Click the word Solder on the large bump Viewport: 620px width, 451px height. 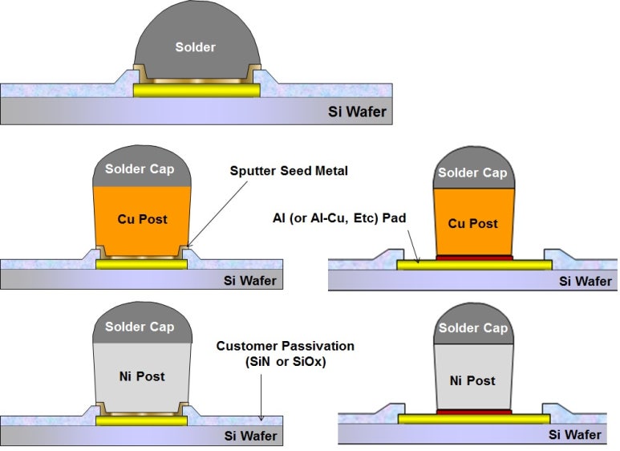[x=196, y=47]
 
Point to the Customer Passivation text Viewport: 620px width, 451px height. [x=285, y=346]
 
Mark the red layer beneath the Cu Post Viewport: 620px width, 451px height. [x=473, y=258]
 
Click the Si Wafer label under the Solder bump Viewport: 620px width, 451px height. [x=359, y=111]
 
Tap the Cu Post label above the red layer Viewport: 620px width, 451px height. [x=473, y=223]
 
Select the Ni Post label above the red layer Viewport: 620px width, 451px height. [x=472, y=380]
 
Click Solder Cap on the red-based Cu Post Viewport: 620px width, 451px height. [x=473, y=173]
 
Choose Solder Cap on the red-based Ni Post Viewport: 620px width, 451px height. [x=473, y=328]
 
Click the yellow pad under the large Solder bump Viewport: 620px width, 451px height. [x=197, y=91]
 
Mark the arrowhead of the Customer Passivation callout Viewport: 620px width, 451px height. [x=262, y=420]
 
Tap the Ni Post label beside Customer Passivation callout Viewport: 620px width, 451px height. [x=141, y=376]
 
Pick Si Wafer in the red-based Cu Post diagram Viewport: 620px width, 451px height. [x=585, y=281]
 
